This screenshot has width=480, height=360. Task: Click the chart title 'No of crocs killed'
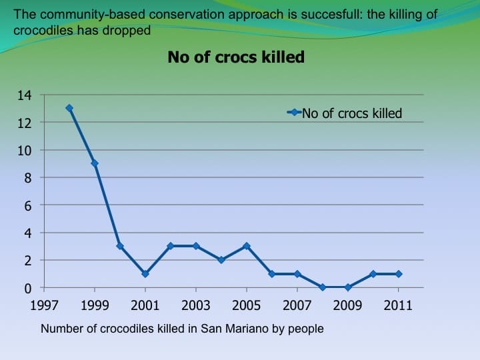(236, 57)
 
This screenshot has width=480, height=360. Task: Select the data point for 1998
(69, 108)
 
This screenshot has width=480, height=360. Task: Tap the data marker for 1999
(95, 163)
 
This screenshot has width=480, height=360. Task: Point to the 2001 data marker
(145, 274)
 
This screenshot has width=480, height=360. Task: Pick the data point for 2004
(221, 260)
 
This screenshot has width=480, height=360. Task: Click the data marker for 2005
(247, 246)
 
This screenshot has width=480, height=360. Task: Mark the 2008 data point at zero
(323, 287)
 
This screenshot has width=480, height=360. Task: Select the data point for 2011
(399, 274)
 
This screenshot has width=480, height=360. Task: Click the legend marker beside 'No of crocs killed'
(295, 113)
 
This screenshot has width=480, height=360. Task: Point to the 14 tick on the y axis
(24, 95)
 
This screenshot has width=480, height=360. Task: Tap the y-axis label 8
(27, 178)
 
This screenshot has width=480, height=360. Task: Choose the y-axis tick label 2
(27, 261)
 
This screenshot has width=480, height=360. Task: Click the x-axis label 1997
(44, 305)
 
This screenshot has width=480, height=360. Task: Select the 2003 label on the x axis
(196, 305)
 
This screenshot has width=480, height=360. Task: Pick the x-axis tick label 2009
(348, 305)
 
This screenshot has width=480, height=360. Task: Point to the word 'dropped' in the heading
(129, 31)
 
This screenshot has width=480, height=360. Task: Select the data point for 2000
(120, 246)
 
